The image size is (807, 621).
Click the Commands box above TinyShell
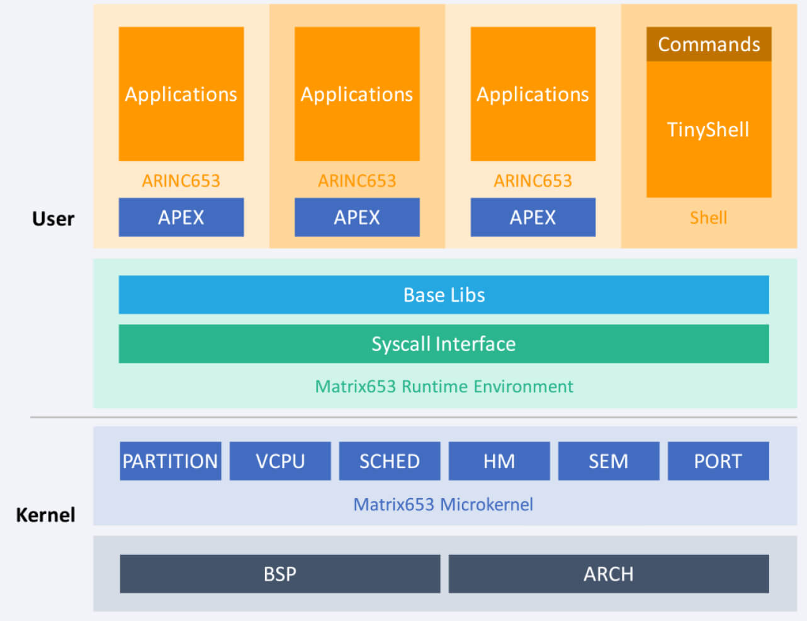click(x=709, y=44)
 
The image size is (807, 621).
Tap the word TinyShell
click(x=708, y=130)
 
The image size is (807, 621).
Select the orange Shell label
click(x=708, y=218)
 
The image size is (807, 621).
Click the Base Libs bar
click(x=444, y=295)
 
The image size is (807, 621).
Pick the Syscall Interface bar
click(x=444, y=343)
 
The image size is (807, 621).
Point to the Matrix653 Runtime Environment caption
click(x=444, y=386)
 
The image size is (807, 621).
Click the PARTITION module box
click(x=171, y=461)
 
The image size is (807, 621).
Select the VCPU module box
click(x=280, y=461)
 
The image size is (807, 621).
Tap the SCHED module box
click(x=390, y=461)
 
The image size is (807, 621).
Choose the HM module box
click(x=499, y=461)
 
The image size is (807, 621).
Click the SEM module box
click(x=609, y=461)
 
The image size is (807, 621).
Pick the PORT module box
click(x=718, y=461)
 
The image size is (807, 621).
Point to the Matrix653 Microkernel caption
click(x=443, y=504)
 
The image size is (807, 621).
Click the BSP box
click(x=280, y=574)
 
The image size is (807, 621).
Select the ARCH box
click(x=609, y=574)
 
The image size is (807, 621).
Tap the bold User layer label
click(x=53, y=219)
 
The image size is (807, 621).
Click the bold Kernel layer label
click(x=45, y=515)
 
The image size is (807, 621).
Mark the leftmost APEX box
click(x=181, y=217)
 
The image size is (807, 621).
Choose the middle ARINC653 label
click(x=357, y=181)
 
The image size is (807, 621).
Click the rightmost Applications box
click(x=533, y=94)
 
